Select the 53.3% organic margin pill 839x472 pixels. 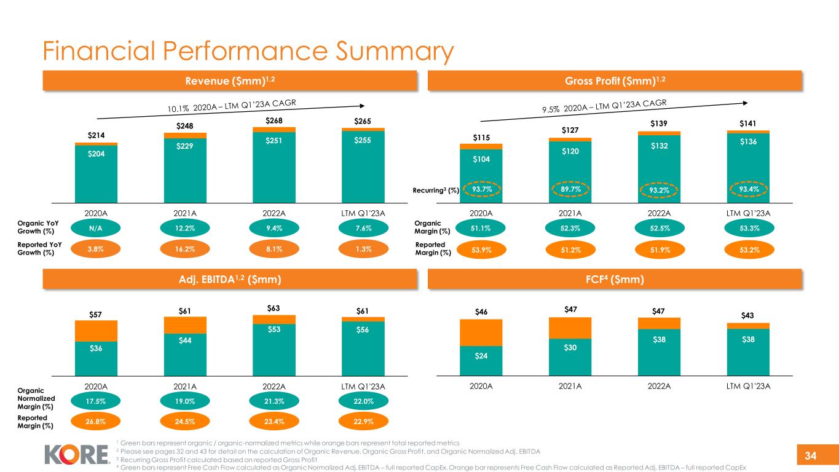coord(748,229)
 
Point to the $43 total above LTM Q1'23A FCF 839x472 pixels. coord(748,316)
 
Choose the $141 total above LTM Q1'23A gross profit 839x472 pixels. coord(748,123)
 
